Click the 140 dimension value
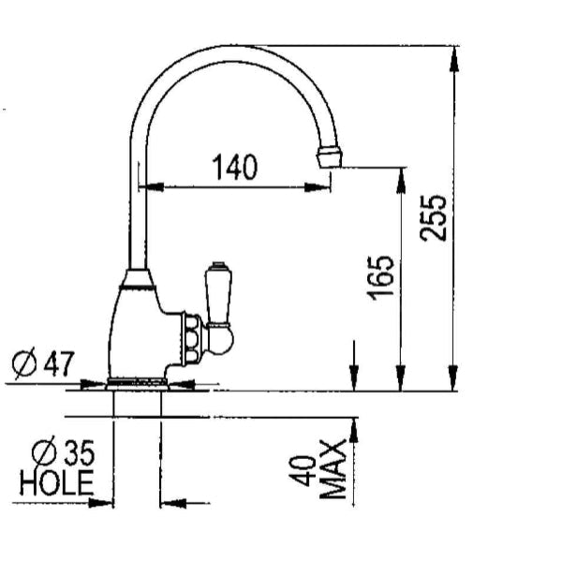(x=233, y=168)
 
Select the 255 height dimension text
(x=433, y=218)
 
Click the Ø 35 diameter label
(x=63, y=454)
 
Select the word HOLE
(x=57, y=483)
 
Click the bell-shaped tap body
(x=136, y=328)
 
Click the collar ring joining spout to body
(x=139, y=276)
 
